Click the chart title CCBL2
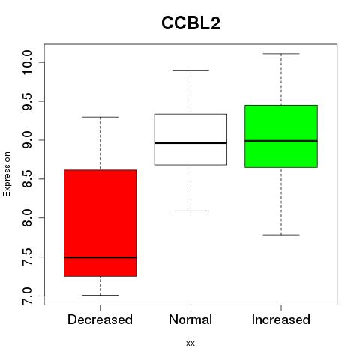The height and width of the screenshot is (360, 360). point(190,23)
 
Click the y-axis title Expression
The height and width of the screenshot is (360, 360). point(7,174)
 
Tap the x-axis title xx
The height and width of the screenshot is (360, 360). point(190,343)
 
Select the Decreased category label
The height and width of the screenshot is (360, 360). point(100,319)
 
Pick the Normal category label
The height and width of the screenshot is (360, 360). point(190,319)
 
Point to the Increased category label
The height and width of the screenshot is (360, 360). point(281,319)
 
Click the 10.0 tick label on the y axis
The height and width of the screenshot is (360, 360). point(27,62)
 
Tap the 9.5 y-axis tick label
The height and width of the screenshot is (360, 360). point(27,101)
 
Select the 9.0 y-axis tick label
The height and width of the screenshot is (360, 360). point(27,140)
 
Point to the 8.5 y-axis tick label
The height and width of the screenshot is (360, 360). point(27,179)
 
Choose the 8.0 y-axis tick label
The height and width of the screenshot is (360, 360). point(27,218)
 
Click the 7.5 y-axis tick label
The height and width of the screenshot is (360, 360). point(27,256)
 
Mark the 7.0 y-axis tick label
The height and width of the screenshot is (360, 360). point(27,295)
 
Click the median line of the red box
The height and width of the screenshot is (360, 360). point(100,257)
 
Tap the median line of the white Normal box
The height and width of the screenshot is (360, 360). point(190,143)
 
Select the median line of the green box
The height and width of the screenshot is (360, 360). point(281,141)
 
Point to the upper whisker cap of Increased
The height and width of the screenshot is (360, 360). point(281,54)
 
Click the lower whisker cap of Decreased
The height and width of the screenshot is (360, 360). point(100,295)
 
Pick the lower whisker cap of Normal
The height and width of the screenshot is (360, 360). point(190,211)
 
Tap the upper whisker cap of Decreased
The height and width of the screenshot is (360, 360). point(100,117)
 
